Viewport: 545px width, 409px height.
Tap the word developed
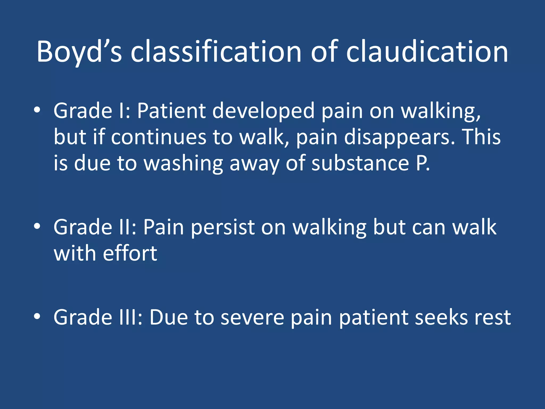click(x=263, y=111)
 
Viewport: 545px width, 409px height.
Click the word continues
click(x=159, y=137)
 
